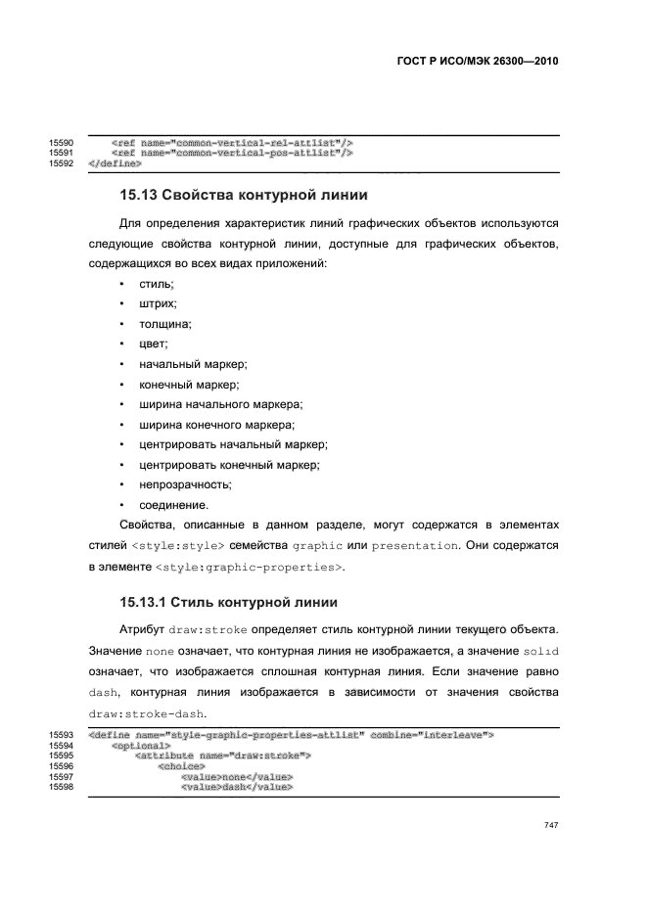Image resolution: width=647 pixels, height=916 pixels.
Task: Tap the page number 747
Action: click(x=550, y=826)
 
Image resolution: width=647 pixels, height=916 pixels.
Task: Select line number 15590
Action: click(x=62, y=142)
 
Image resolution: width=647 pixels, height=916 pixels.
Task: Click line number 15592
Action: click(x=62, y=162)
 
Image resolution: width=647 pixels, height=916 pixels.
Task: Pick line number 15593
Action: click(x=62, y=734)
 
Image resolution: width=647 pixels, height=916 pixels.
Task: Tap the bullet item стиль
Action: click(x=157, y=284)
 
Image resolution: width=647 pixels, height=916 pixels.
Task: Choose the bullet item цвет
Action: click(x=155, y=343)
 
